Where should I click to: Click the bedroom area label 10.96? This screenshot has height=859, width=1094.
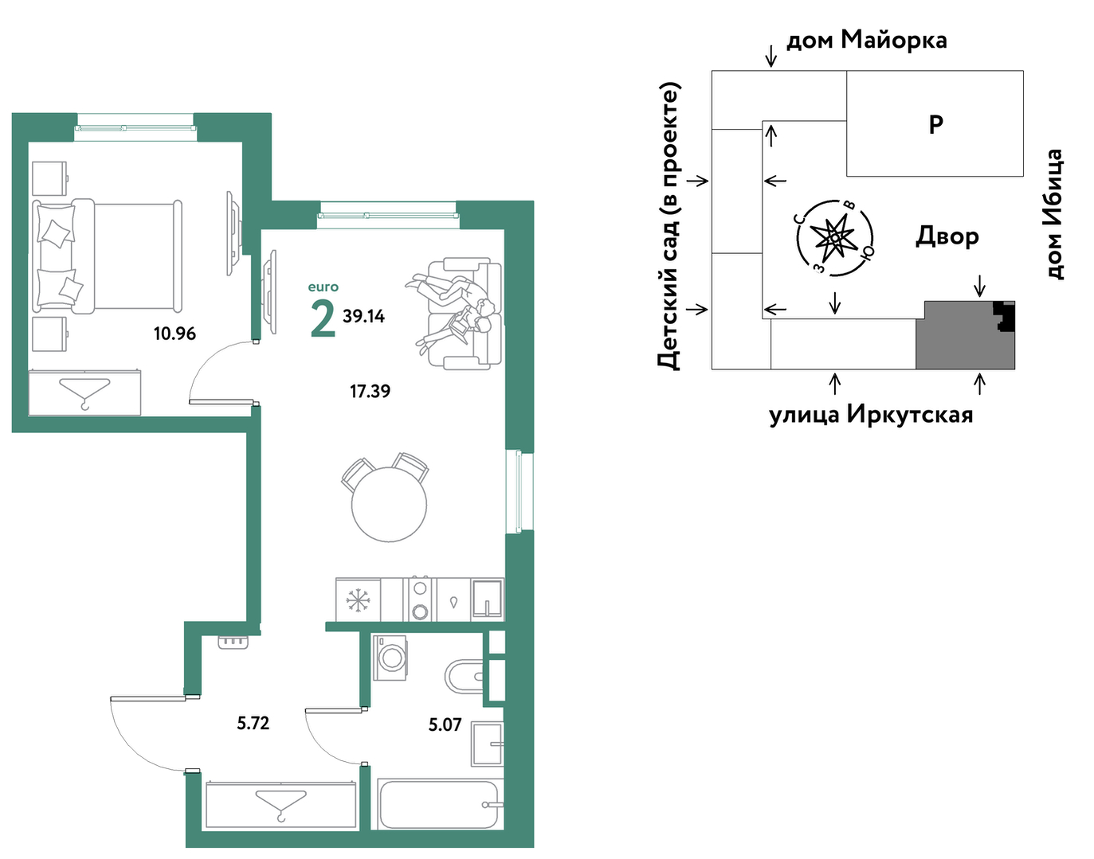174,334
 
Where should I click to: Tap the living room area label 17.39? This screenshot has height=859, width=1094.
370,391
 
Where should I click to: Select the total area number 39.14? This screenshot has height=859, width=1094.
363,316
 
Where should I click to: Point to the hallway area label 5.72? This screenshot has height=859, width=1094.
253,723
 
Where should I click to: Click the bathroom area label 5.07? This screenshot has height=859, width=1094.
445,724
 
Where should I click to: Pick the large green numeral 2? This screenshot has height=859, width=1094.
323,318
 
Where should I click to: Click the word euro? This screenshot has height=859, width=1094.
323,287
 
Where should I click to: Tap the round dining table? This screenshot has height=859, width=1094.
389,504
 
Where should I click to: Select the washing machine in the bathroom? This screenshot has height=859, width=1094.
389,657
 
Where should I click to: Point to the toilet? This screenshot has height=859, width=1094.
464,677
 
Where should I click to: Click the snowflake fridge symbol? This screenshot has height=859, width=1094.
358,600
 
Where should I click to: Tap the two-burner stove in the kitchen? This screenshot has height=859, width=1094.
419,599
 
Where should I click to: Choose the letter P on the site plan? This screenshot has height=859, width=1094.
935,124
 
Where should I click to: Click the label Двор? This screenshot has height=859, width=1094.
947,236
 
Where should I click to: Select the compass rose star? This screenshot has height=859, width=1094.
835,236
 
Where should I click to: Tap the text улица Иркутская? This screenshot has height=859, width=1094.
871,416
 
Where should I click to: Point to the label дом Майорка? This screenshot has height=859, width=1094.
866,40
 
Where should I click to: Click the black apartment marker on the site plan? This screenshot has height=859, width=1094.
1005,316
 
